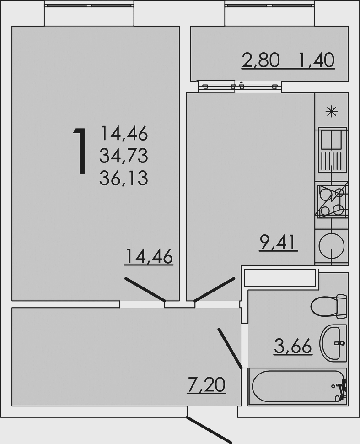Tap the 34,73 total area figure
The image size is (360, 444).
pos(124,156)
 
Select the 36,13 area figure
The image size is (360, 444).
pos(124,179)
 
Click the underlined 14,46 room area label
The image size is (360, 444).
pos(149,256)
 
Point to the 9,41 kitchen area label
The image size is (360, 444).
pos(279,243)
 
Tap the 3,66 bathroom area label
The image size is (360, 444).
pos(293,347)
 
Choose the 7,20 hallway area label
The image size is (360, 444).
pos(206,385)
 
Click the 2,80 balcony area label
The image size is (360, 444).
pos(261,60)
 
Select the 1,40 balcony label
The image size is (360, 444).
pos(317,60)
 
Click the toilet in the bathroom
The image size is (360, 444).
pos(329,306)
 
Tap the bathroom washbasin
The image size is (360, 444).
pos(333,343)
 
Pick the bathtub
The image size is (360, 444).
pos(297,386)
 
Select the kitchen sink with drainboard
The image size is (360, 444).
pos(333,150)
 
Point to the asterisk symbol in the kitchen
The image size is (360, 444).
pos(332,112)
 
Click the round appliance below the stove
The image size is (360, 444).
pos(332,246)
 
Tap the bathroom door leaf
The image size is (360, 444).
pos(230,349)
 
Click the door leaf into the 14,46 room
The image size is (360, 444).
pos(145,289)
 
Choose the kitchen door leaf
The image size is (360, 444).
pos(214,289)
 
